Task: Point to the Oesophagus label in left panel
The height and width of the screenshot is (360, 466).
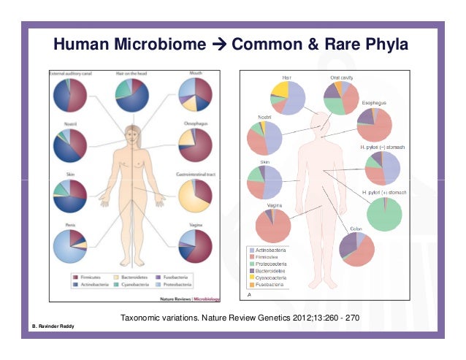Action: coord(196,124)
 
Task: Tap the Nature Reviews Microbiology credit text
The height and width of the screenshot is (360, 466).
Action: coord(185,297)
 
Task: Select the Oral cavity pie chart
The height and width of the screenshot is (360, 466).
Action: coord(341,98)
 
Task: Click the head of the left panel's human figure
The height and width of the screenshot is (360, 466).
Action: coord(132,134)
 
